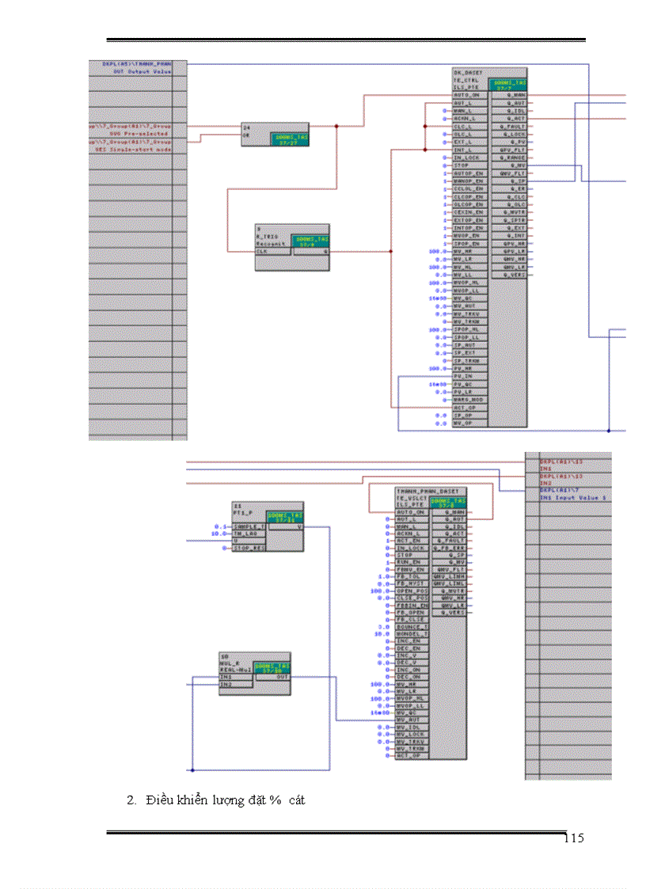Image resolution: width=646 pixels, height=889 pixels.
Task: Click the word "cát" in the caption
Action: (298, 800)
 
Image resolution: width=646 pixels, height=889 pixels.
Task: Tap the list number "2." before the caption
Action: (131, 800)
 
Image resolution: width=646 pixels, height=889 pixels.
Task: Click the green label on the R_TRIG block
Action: (310, 241)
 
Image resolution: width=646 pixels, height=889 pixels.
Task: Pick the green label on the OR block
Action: (291, 139)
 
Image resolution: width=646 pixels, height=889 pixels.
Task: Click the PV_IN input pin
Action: (462, 376)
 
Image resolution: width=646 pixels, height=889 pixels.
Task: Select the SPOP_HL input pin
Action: (465, 329)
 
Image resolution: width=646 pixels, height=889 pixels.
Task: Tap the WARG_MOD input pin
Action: (467, 400)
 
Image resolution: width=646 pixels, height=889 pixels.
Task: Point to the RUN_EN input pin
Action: (408, 562)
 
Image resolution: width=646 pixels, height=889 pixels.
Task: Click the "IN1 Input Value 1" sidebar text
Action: (573, 498)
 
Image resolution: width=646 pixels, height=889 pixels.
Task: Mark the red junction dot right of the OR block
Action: (336, 126)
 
